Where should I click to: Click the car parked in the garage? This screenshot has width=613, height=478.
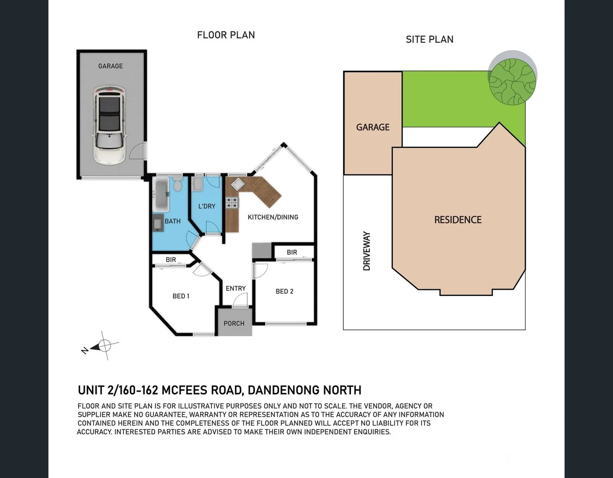pos(109,125)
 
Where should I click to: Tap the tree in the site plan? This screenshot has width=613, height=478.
pos(512,82)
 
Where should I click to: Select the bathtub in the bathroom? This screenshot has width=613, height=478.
pos(161,194)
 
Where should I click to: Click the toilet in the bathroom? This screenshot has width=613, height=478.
pos(177,184)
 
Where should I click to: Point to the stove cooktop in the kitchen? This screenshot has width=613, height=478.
pos(232,203)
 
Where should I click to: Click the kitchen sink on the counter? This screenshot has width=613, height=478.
pos(238,185)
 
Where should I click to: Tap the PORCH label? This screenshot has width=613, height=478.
pos(234,324)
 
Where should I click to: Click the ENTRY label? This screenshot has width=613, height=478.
pos(235,289)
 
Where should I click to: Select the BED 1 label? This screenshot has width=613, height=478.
pos(181,296)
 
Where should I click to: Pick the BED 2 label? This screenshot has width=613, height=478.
pos(285,291)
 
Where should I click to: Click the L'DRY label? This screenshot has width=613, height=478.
pos(207,206)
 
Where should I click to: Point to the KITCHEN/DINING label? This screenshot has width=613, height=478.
pos(273,217)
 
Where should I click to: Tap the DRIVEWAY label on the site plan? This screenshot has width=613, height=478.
pos(367,251)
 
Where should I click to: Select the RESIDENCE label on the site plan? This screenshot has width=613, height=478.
pos(457,220)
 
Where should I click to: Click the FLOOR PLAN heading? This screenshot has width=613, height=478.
pos(226,35)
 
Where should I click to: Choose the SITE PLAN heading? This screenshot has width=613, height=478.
pos(429,39)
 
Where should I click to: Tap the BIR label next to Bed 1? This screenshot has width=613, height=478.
pos(171,260)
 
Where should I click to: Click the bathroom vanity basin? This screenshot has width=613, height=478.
pos(158,223)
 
